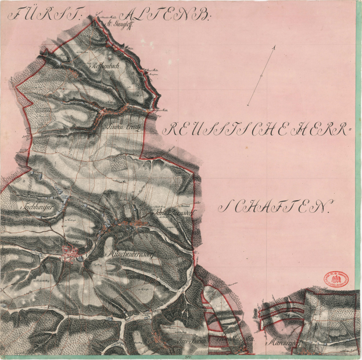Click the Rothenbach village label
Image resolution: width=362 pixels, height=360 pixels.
[106, 67]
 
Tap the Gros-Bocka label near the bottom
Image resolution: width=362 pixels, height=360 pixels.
[178, 338]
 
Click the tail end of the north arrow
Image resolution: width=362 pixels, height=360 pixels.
[248, 105]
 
